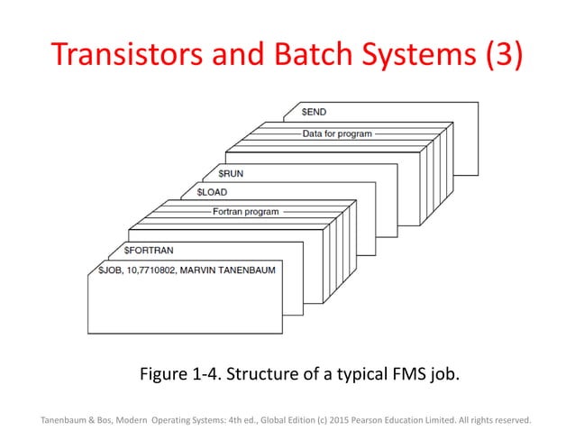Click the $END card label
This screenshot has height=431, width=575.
click(x=314, y=112)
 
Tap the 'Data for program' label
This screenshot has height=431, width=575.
click(x=336, y=133)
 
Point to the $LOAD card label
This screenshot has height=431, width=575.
click(x=212, y=192)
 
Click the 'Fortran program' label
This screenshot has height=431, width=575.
click(x=245, y=213)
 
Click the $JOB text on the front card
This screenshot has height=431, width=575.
click(x=113, y=270)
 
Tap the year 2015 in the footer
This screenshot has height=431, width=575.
click(x=361, y=418)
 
